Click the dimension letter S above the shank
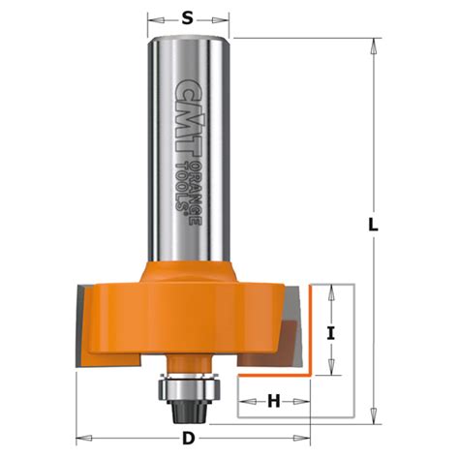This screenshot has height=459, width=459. pos(190,17)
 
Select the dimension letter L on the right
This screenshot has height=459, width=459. pos(374,225)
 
